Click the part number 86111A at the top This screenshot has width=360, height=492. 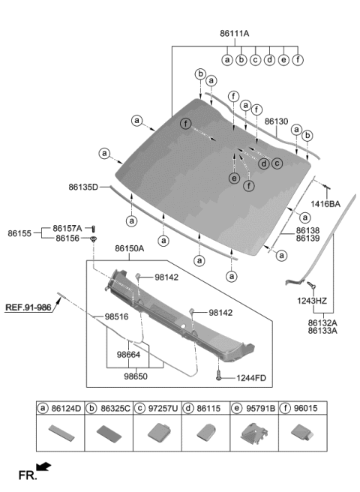(x=235, y=33)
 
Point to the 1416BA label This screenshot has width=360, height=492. (x=325, y=203)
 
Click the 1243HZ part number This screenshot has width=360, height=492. (x=311, y=300)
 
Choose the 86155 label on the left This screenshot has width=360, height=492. (x=20, y=233)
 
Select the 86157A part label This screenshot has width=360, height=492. (x=67, y=228)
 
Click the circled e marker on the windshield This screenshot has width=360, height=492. (x=235, y=178)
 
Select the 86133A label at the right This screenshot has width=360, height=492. (x=322, y=330)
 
